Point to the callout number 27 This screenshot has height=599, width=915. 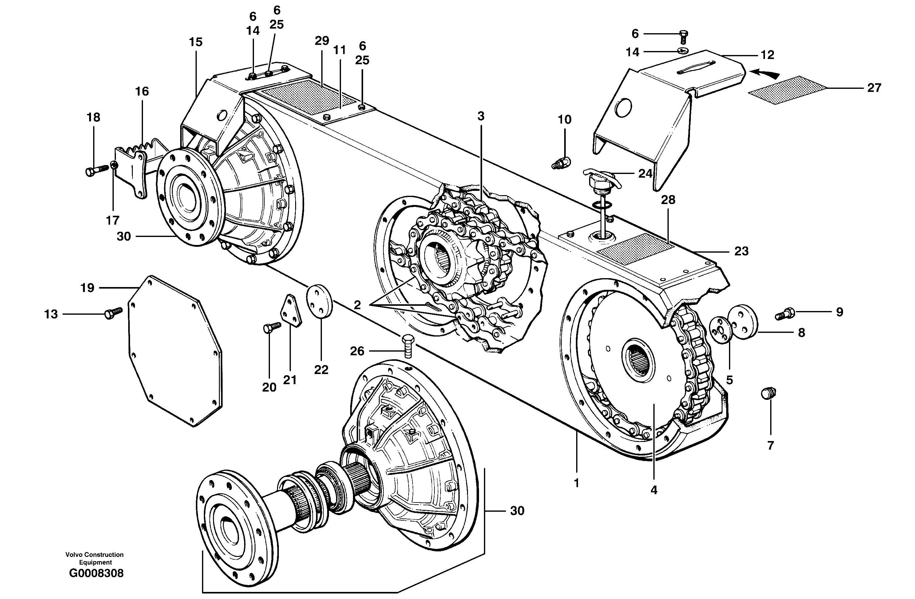point(874,88)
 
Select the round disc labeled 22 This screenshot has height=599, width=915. point(319,301)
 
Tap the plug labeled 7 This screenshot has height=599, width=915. point(769,393)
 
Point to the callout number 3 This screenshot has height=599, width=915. point(481,116)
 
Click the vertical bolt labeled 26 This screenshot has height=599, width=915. point(408,345)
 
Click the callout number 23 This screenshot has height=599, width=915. point(741,251)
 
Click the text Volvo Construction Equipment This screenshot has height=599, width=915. point(95,558)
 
